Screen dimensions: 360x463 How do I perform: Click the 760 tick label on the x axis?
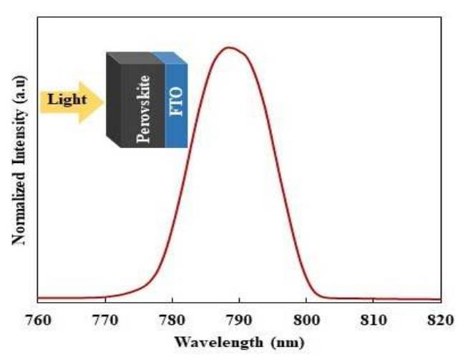pyautogui.click(x=38, y=318)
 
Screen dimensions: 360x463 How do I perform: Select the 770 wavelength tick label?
pyautogui.click(x=105, y=318)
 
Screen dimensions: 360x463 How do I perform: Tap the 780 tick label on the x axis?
pyautogui.click(x=172, y=318)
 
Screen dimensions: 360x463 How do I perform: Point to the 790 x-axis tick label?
pyautogui.click(x=239, y=318)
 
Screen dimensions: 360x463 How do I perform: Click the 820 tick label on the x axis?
pyautogui.click(x=439, y=318)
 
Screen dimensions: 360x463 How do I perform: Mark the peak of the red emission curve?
pyautogui.click(x=229, y=48)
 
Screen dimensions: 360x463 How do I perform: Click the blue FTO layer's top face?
pyautogui.click(x=170, y=57)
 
